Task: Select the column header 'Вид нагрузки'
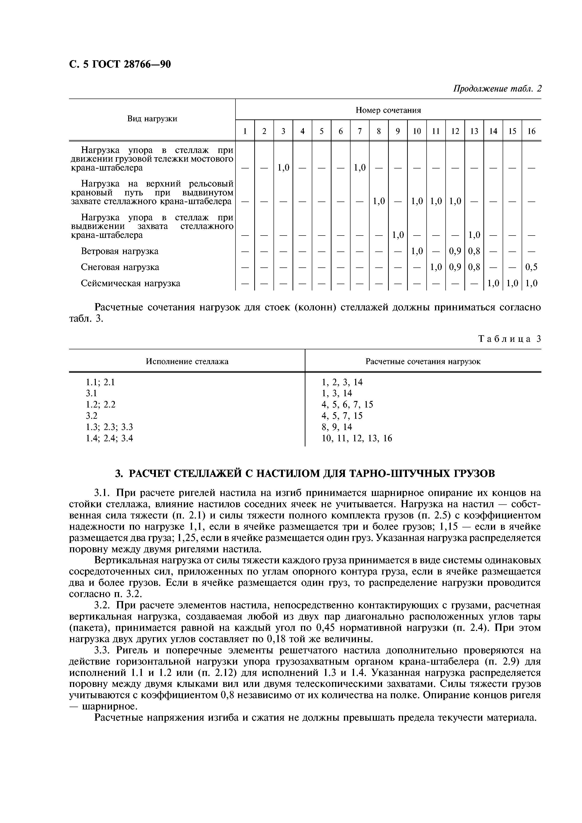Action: click(x=152, y=119)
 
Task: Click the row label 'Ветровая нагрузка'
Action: click(x=119, y=251)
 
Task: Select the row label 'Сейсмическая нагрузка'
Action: click(x=131, y=284)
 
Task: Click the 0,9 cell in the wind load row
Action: click(x=455, y=251)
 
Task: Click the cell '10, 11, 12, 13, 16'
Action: click(x=357, y=438)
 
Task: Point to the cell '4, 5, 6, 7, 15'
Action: click(x=347, y=405)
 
